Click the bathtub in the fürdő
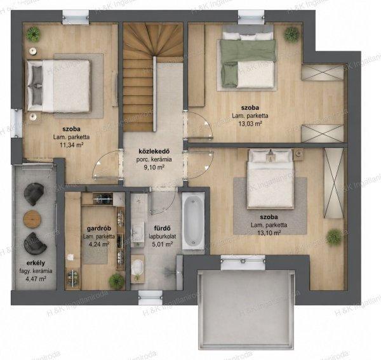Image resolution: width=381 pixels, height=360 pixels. point(194,222)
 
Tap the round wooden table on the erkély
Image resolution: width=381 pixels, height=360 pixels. point(32,219)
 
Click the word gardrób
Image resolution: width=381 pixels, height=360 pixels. point(99,229)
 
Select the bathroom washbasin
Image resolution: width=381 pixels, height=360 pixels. point(137,232)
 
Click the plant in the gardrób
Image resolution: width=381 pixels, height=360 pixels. point(117,281)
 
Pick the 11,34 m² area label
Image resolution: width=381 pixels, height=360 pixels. point(71,145)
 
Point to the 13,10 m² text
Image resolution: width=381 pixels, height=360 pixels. point(269,234)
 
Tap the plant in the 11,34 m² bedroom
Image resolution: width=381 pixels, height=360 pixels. point(33,34)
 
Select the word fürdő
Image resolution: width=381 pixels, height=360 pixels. point(163,229)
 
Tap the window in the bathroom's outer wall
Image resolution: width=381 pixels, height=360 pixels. point(150,298)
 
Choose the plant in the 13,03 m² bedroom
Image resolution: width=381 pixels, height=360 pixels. point(291,34)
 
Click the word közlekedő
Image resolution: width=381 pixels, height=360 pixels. point(154,152)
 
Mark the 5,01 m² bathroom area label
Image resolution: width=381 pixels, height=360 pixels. point(163,244)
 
